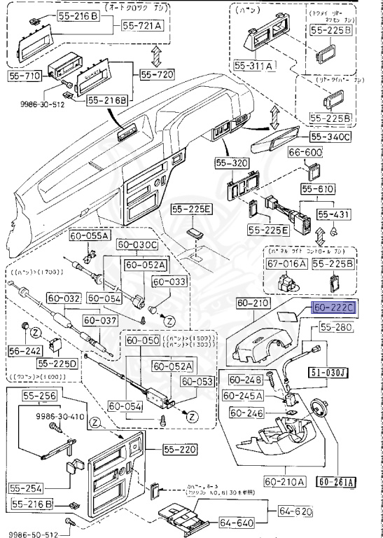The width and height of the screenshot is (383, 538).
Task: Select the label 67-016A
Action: (x=286, y=263)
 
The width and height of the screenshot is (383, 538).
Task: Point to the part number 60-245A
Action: (x=242, y=396)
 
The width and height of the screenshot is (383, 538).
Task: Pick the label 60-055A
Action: (x=90, y=236)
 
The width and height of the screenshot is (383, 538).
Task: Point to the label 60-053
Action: (x=197, y=381)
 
